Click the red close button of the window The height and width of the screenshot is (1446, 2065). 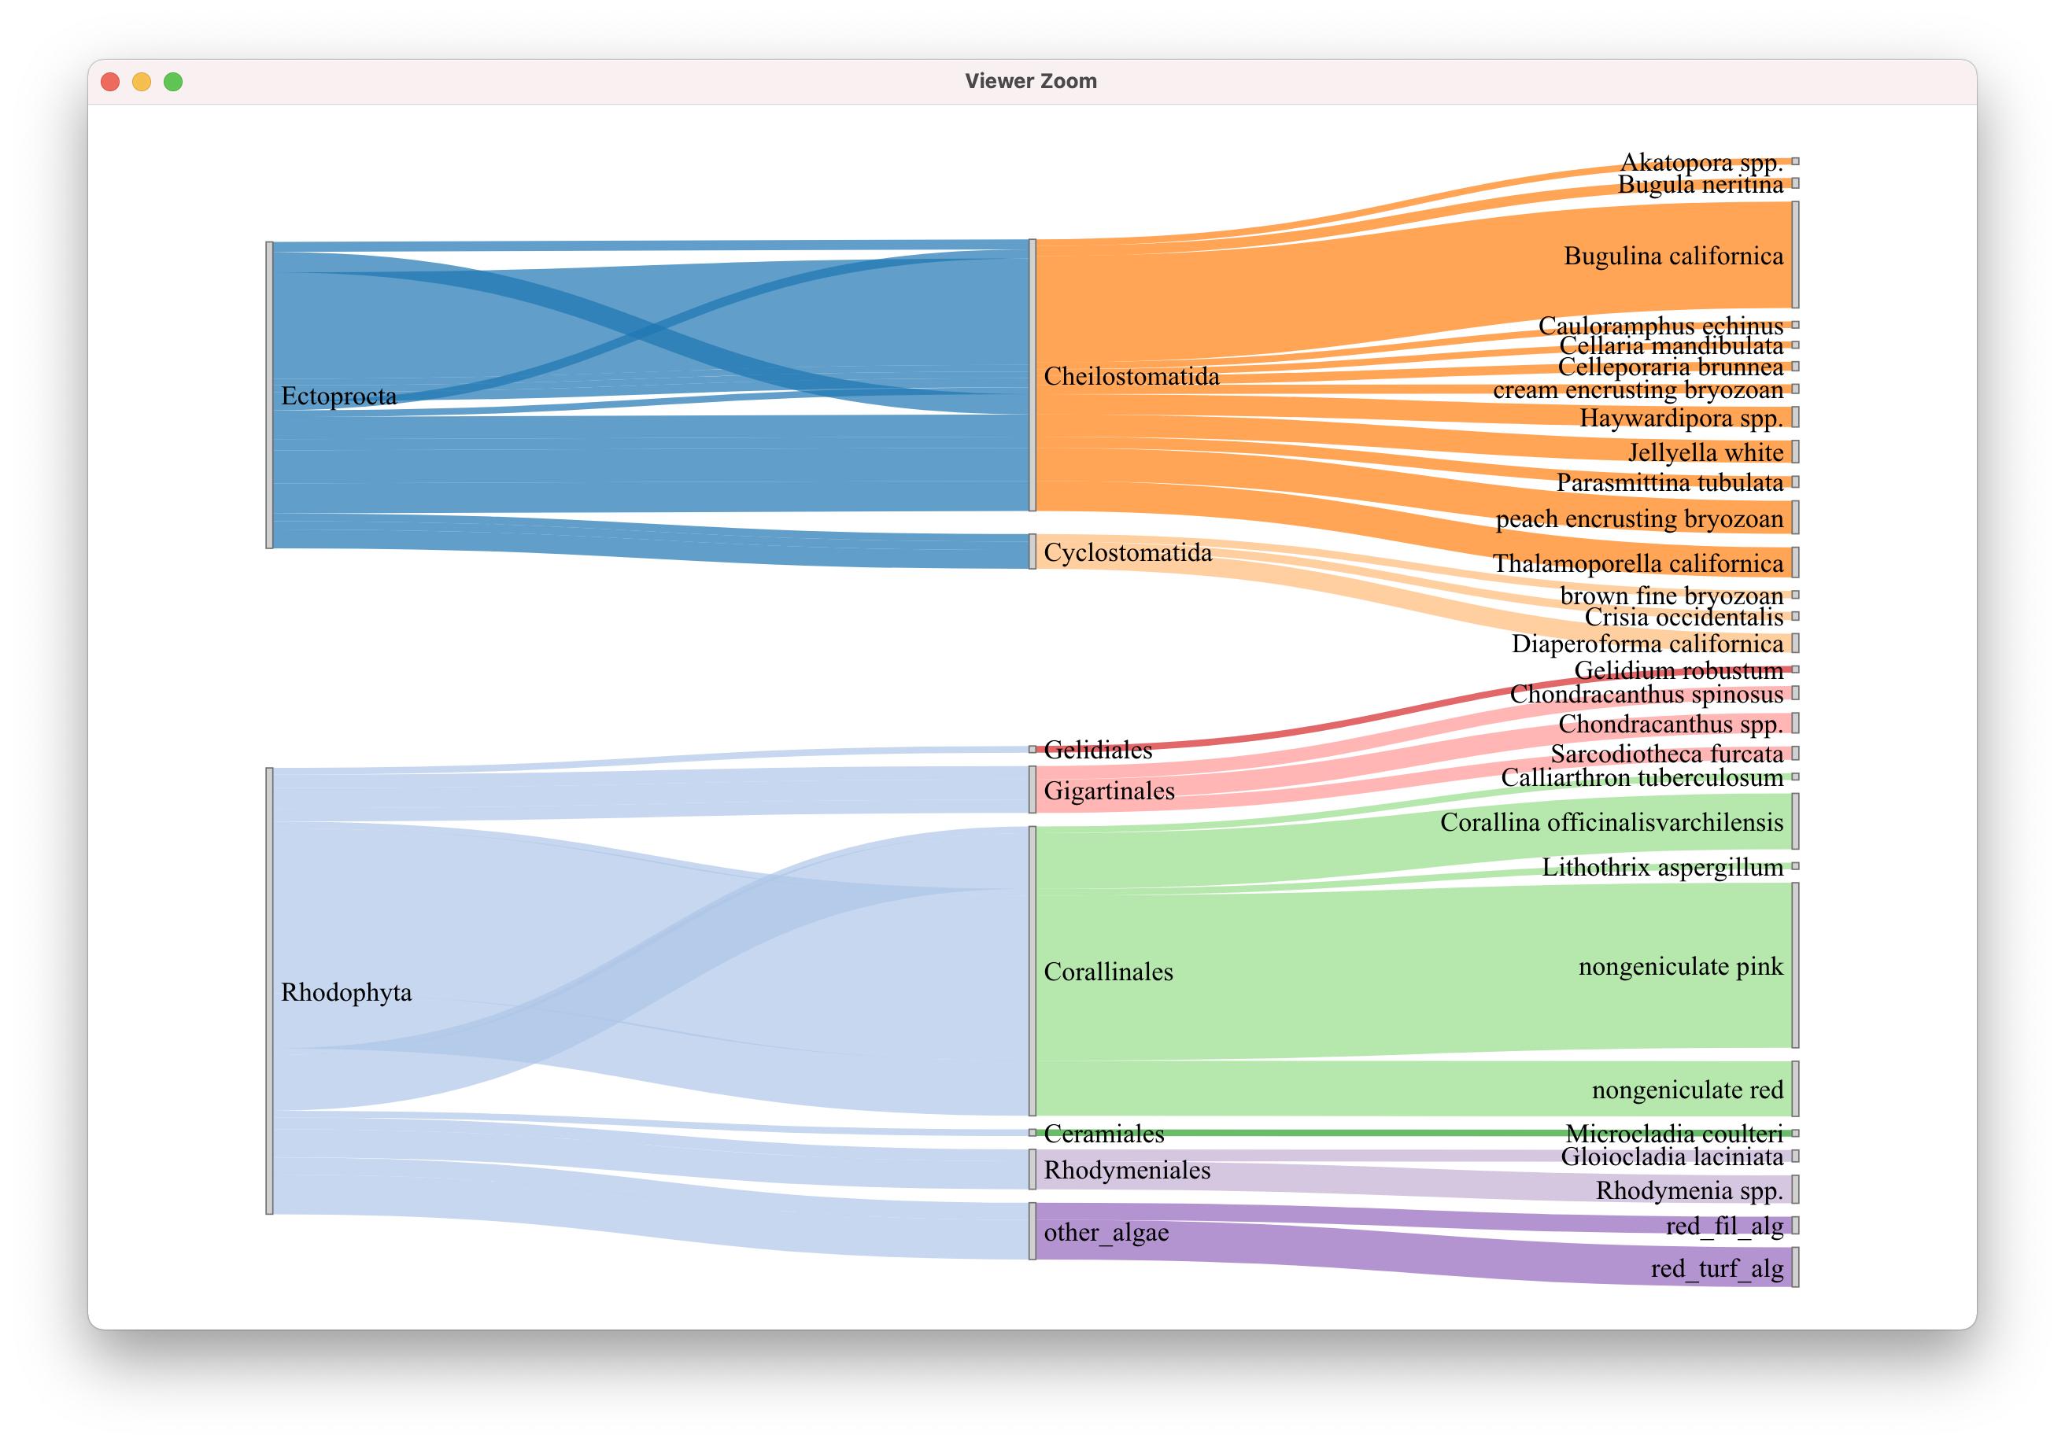point(109,82)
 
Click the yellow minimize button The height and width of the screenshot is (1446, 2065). point(141,82)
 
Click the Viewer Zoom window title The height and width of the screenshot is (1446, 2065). point(1031,81)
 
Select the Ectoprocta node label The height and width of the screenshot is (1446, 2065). point(338,396)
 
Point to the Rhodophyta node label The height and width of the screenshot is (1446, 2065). point(346,992)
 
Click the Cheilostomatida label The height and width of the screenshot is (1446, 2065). point(1132,376)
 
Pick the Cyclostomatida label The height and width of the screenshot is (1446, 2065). point(1128,552)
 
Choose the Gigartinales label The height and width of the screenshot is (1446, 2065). point(1109,791)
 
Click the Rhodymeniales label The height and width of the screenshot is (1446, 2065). point(1127,1170)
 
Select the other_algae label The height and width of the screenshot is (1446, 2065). point(1106,1232)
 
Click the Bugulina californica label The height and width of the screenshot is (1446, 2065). point(1673,256)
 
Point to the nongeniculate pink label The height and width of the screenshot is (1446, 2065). point(1680,967)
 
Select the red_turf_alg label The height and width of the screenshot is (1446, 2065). point(1716,1269)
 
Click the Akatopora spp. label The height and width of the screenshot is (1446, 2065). point(1701,163)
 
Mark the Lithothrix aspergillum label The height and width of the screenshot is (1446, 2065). point(1662,868)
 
